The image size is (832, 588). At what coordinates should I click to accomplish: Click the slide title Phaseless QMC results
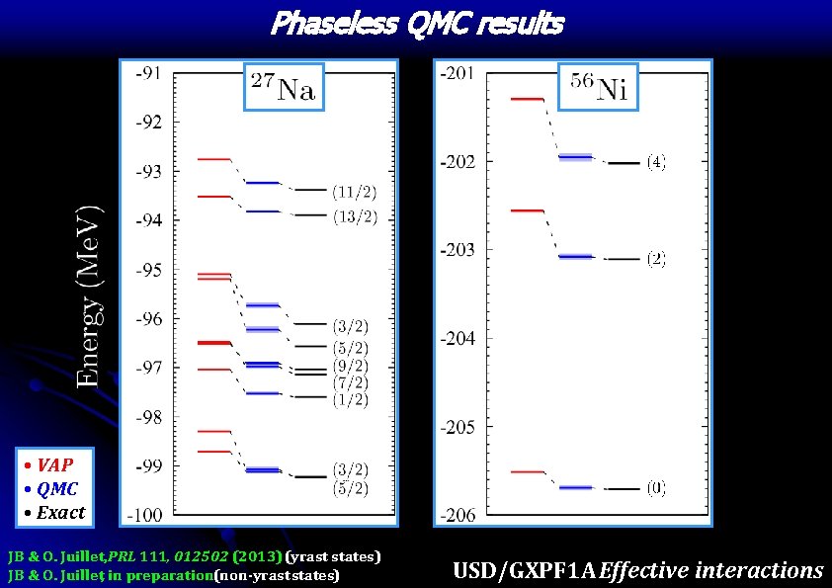[x=416, y=23]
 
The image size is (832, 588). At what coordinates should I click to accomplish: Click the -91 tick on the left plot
[x=150, y=72]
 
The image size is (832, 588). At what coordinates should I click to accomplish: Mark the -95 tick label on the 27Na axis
[x=150, y=270]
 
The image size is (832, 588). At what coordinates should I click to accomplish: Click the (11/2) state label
[x=353, y=191]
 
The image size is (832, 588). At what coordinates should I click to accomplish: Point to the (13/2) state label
[x=353, y=216]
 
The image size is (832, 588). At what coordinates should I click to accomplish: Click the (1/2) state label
[x=350, y=399]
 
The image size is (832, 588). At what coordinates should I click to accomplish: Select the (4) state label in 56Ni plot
[x=656, y=162]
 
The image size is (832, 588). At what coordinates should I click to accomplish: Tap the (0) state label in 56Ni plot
[x=656, y=488]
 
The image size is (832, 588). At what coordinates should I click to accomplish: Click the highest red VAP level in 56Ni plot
[x=527, y=99]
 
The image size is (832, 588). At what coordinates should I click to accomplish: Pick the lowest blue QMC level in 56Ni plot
[x=575, y=487]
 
